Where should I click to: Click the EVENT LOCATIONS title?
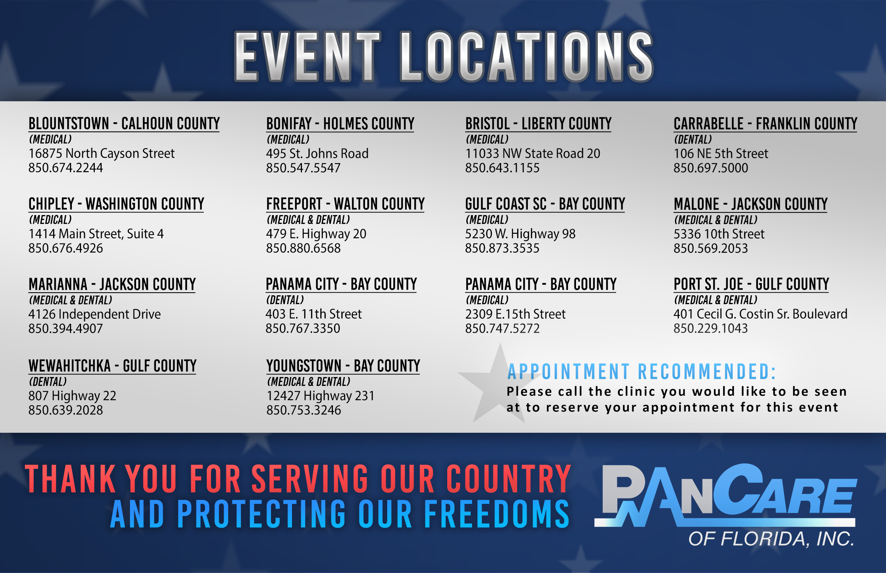pyautogui.click(x=443, y=57)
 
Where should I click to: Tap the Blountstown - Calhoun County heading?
pyautogui.click(x=124, y=124)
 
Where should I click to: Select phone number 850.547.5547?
pyautogui.click(x=303, y=168)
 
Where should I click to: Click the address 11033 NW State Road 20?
pyautogui.click(x=532, y=153)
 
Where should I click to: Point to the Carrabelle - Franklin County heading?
pyautogui.click(x=765, y=124)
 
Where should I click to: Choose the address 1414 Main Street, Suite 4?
pyautogui.click(x=96, y=234)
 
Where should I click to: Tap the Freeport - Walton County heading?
pyautogui.click(x=345, y=204)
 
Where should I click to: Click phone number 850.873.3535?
pyautogui.click(x=502, y=248)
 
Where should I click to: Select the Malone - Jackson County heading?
pyautogui.click(x=751, y=204)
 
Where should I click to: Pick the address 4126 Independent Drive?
pyautogui.click(x=94, y=314)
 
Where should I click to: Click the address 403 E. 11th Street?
pyautogui.click(x=313, y=314)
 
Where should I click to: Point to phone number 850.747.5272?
pyautogui.click(x=502, y=328)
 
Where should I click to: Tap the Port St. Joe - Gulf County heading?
pyautogui.click(x=751, y=284)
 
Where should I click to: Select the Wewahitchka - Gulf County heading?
pyautogui.click(x=112, y=366)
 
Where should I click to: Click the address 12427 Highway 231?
pyautogui.click(x=320, y=396)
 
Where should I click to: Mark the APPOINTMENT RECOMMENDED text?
pyautogui.click(x=642, y=372)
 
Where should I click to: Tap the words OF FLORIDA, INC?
pyautogui.click(x=771, y=539)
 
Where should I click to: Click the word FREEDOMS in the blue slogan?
pyautogui.click(x=497, y=514)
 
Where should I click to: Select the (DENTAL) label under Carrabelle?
pyautogui.click(x=693, y=139)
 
